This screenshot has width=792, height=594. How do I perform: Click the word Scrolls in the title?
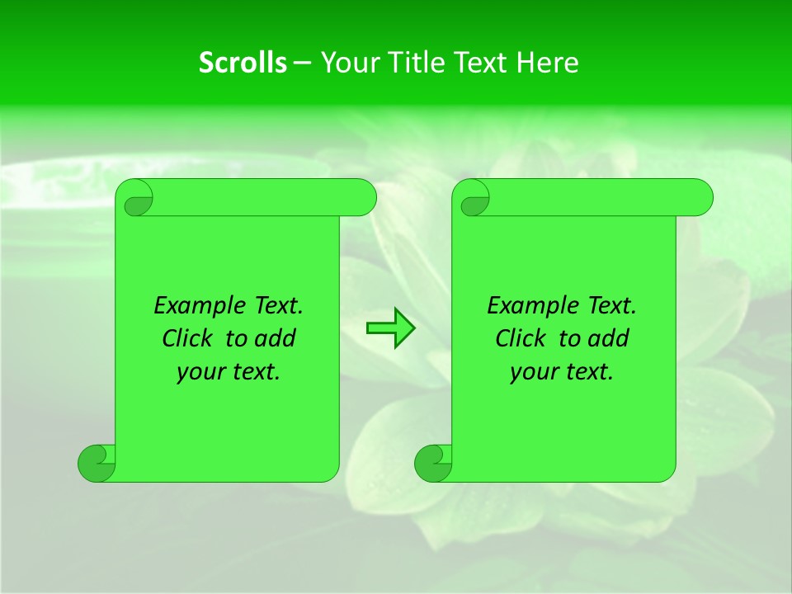click(x=243, y=63)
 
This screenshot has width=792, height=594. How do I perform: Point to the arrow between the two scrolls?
click(x=390, y=328)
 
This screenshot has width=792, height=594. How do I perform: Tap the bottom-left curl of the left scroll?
click(x=97, y=463)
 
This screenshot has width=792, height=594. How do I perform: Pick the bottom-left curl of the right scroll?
click(x=434, y=463)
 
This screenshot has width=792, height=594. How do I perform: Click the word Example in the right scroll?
click(x=532, y=306)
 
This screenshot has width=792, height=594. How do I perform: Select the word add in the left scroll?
click(x=276, y=339)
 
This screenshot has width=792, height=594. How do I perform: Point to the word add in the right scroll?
click(x=609, y=339)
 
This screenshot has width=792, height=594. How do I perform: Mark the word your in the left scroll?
click(x=198, y=373)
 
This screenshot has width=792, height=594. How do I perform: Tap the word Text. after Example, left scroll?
click(x=277, y=306)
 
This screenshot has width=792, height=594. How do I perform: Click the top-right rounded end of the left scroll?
click(x=363, y=197)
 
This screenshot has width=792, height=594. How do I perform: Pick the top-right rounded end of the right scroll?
click(x=700, y=197)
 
